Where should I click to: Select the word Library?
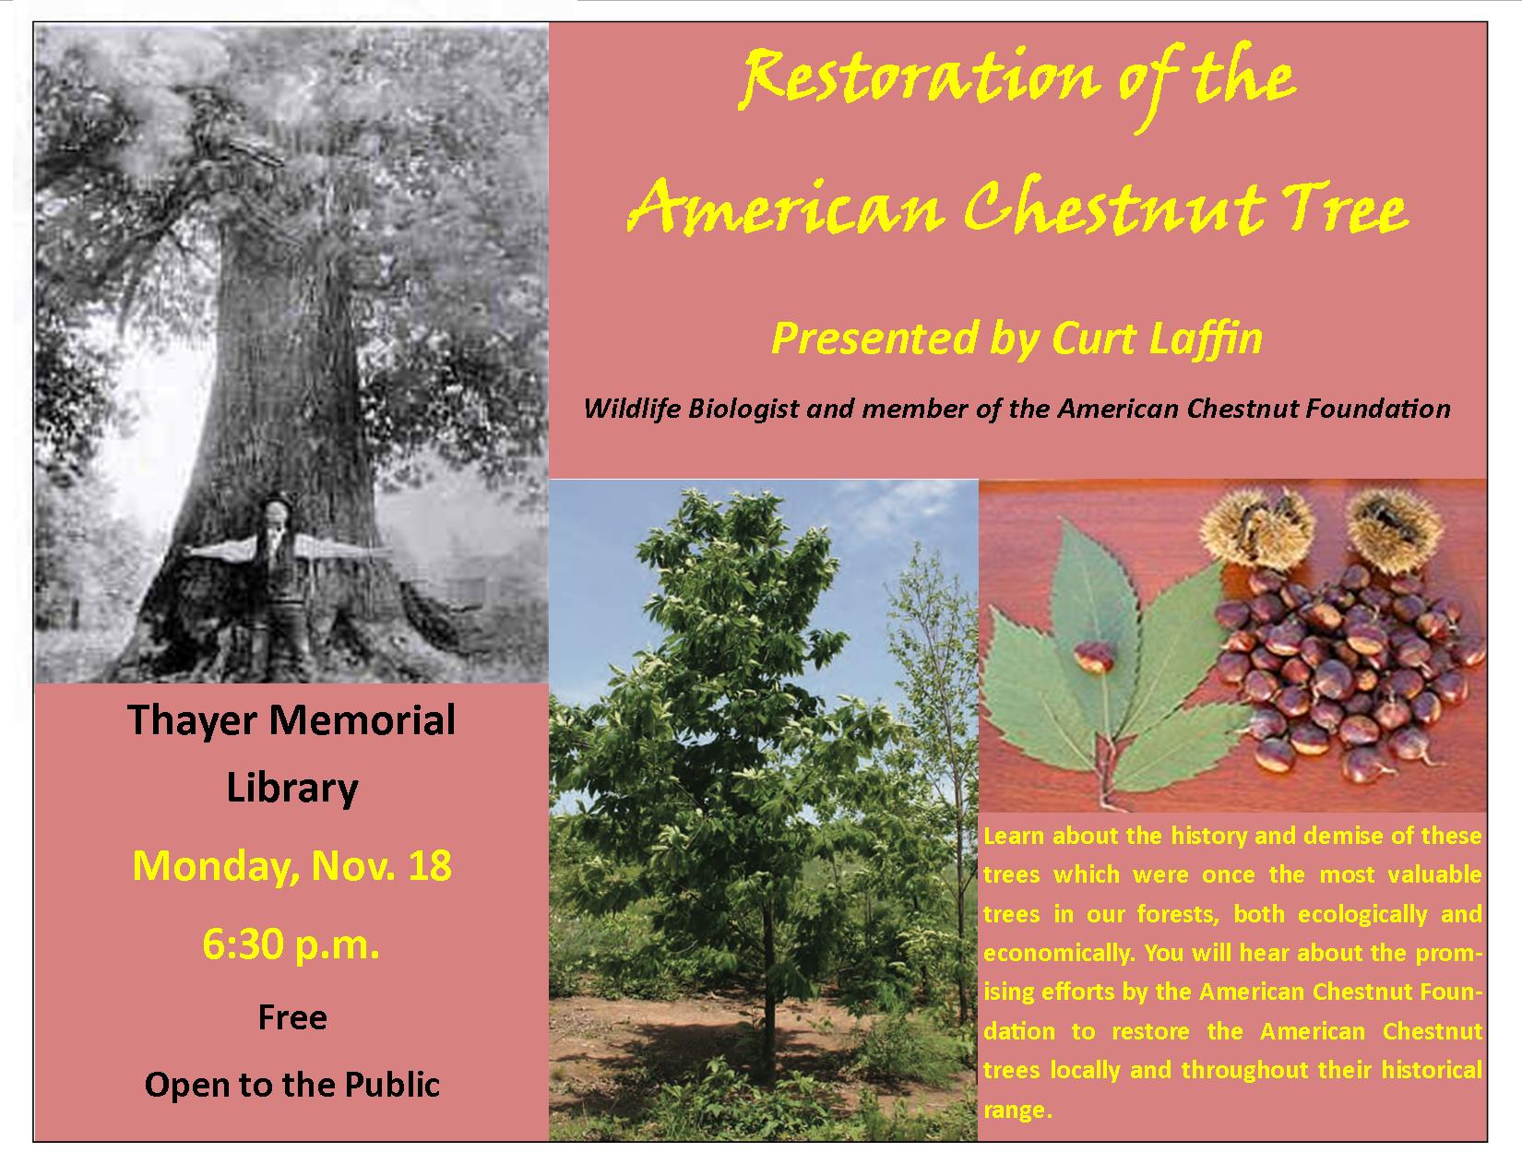[x=292, y=789]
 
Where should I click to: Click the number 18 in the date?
[x=430, y=866]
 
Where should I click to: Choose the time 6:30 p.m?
[x=291, y=944]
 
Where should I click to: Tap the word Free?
[x=292, y=1017]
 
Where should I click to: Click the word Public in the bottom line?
[x=392, y=1085]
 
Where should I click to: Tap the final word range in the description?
[x=1017, y=1111]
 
